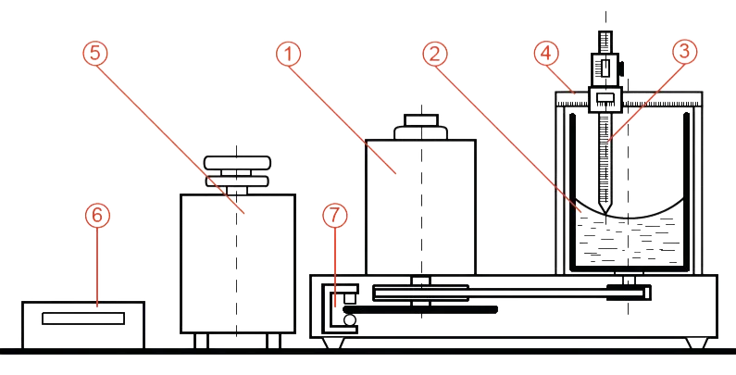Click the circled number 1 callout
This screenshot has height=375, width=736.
tap(290, 55)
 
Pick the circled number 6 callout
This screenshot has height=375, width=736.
tap(98, 215)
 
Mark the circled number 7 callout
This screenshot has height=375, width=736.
tap(334, 215)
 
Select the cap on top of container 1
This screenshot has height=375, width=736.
tap(421, 127)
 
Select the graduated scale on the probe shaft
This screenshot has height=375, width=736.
tap(604, 157)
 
